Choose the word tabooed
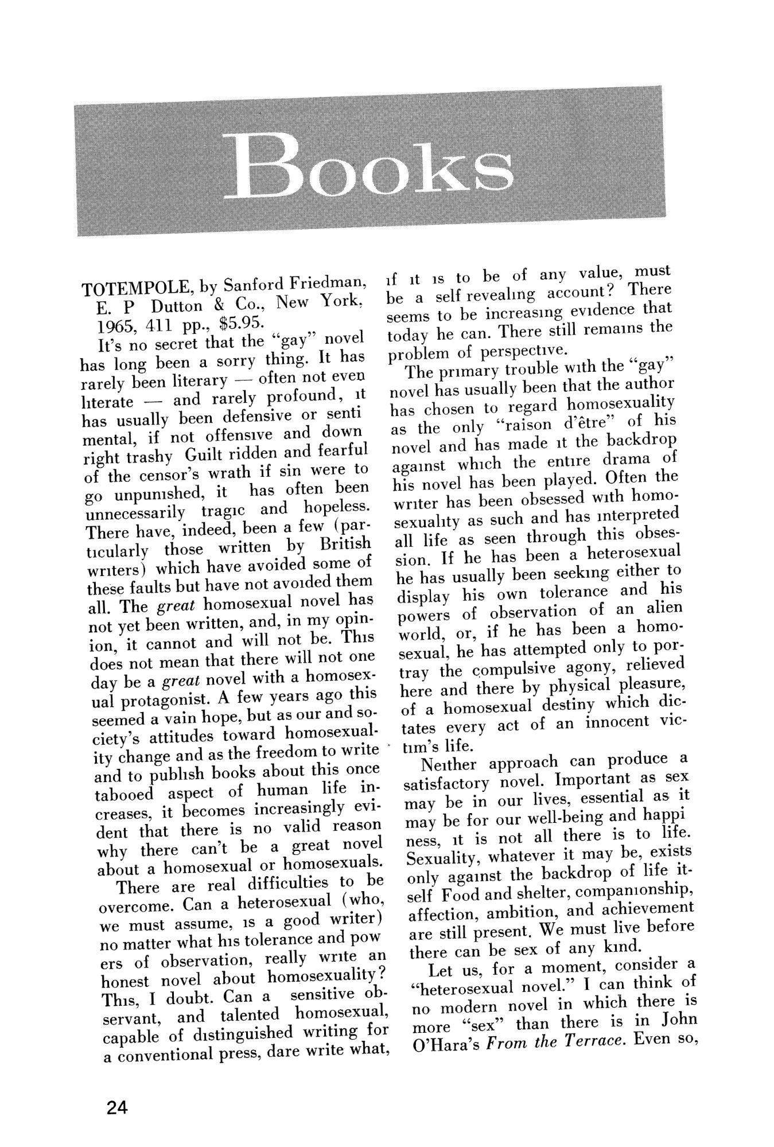[123, 796]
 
